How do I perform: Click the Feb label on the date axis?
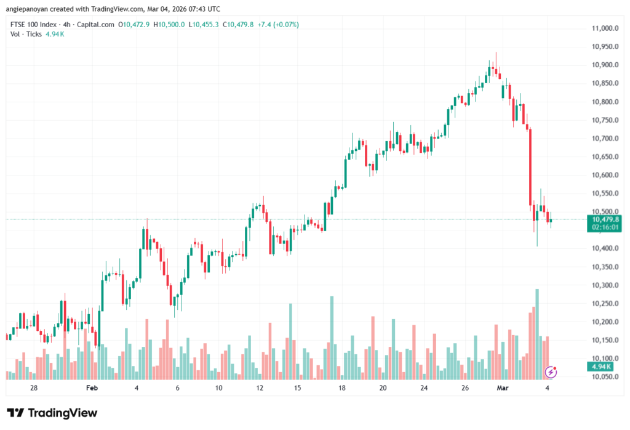(92, 388)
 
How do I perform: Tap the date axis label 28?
(34, 388)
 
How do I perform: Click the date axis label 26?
(466, 388)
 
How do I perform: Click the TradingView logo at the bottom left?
(52, 413)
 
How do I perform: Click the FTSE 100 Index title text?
(33, 25)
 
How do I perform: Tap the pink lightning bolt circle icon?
(551, 371)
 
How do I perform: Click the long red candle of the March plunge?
(530, 166)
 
